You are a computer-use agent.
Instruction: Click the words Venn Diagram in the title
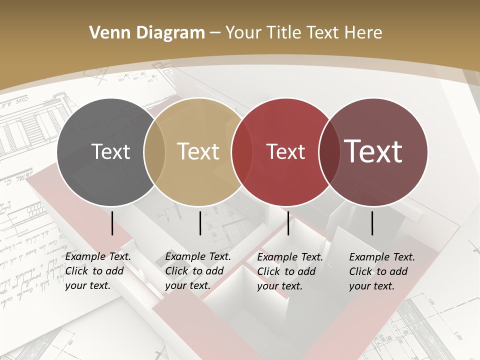click(147, 33)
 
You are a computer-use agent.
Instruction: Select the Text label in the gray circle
click(110, 151)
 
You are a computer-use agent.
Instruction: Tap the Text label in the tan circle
click(198, 151)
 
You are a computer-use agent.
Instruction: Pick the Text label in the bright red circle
click(285, 151)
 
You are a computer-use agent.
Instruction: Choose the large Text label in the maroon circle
click(373, 151)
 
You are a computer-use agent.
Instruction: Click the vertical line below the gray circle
click(112, 223)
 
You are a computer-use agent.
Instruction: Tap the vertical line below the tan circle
click(200, 223)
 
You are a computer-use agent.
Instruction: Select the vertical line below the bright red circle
click(288, 223)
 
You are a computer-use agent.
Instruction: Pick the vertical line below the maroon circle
click(372, 223)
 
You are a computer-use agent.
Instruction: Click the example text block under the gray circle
click(98, 271)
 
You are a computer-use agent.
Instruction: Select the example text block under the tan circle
click(198, 271)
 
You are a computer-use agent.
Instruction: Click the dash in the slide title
click(215, 33)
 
